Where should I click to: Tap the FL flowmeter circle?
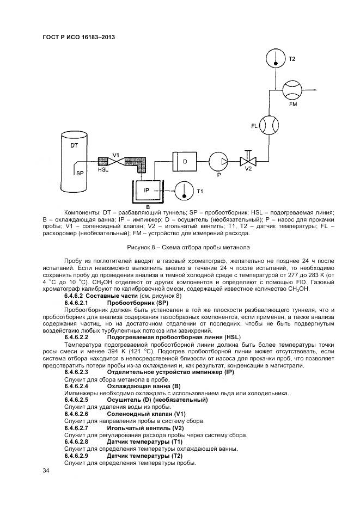[269, 126]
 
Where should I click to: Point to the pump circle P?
[218, 161]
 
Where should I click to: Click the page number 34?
[46, 470]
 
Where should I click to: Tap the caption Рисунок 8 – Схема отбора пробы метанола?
[188, 247]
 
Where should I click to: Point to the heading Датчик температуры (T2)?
[144, 456]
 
